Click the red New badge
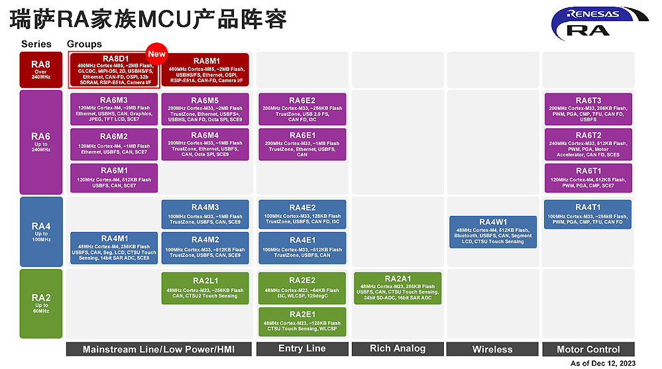pyautogui.click(x=156, y=54)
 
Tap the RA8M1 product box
pyautogui.click(x=205, y=70)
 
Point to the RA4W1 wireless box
pyautogui.click(x=493, y=232)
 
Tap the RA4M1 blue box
pyautogui.click(x=114, y=248)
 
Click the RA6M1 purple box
pyautogui.click(x=114, y=178)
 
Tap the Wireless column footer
pyautogui.click(x=492, y=349)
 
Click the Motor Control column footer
pyautogui.click(x=588, y=349)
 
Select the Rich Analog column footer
pyautogui.click(x=398, y=349)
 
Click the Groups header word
pyautogui.click(x=84, y=44)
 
